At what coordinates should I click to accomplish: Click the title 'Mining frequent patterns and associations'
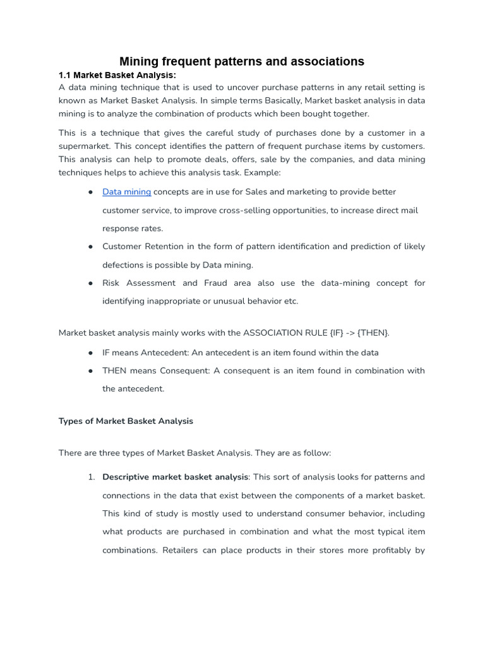(x=242, y=61)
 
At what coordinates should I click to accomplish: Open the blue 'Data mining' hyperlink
(x=126, y=192)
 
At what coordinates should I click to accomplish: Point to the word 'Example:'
(x=262, y=172)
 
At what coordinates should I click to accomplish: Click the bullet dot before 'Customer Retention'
(x=91, y=247)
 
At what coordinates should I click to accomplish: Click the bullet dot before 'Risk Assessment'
(x=91, y=283)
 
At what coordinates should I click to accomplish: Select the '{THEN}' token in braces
(x=373, y=332)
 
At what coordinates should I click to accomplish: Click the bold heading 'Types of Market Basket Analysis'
(x=126, y=421)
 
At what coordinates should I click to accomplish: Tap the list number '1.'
(x=92, y=477)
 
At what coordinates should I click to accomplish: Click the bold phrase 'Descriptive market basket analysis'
(x=176, y=477)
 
